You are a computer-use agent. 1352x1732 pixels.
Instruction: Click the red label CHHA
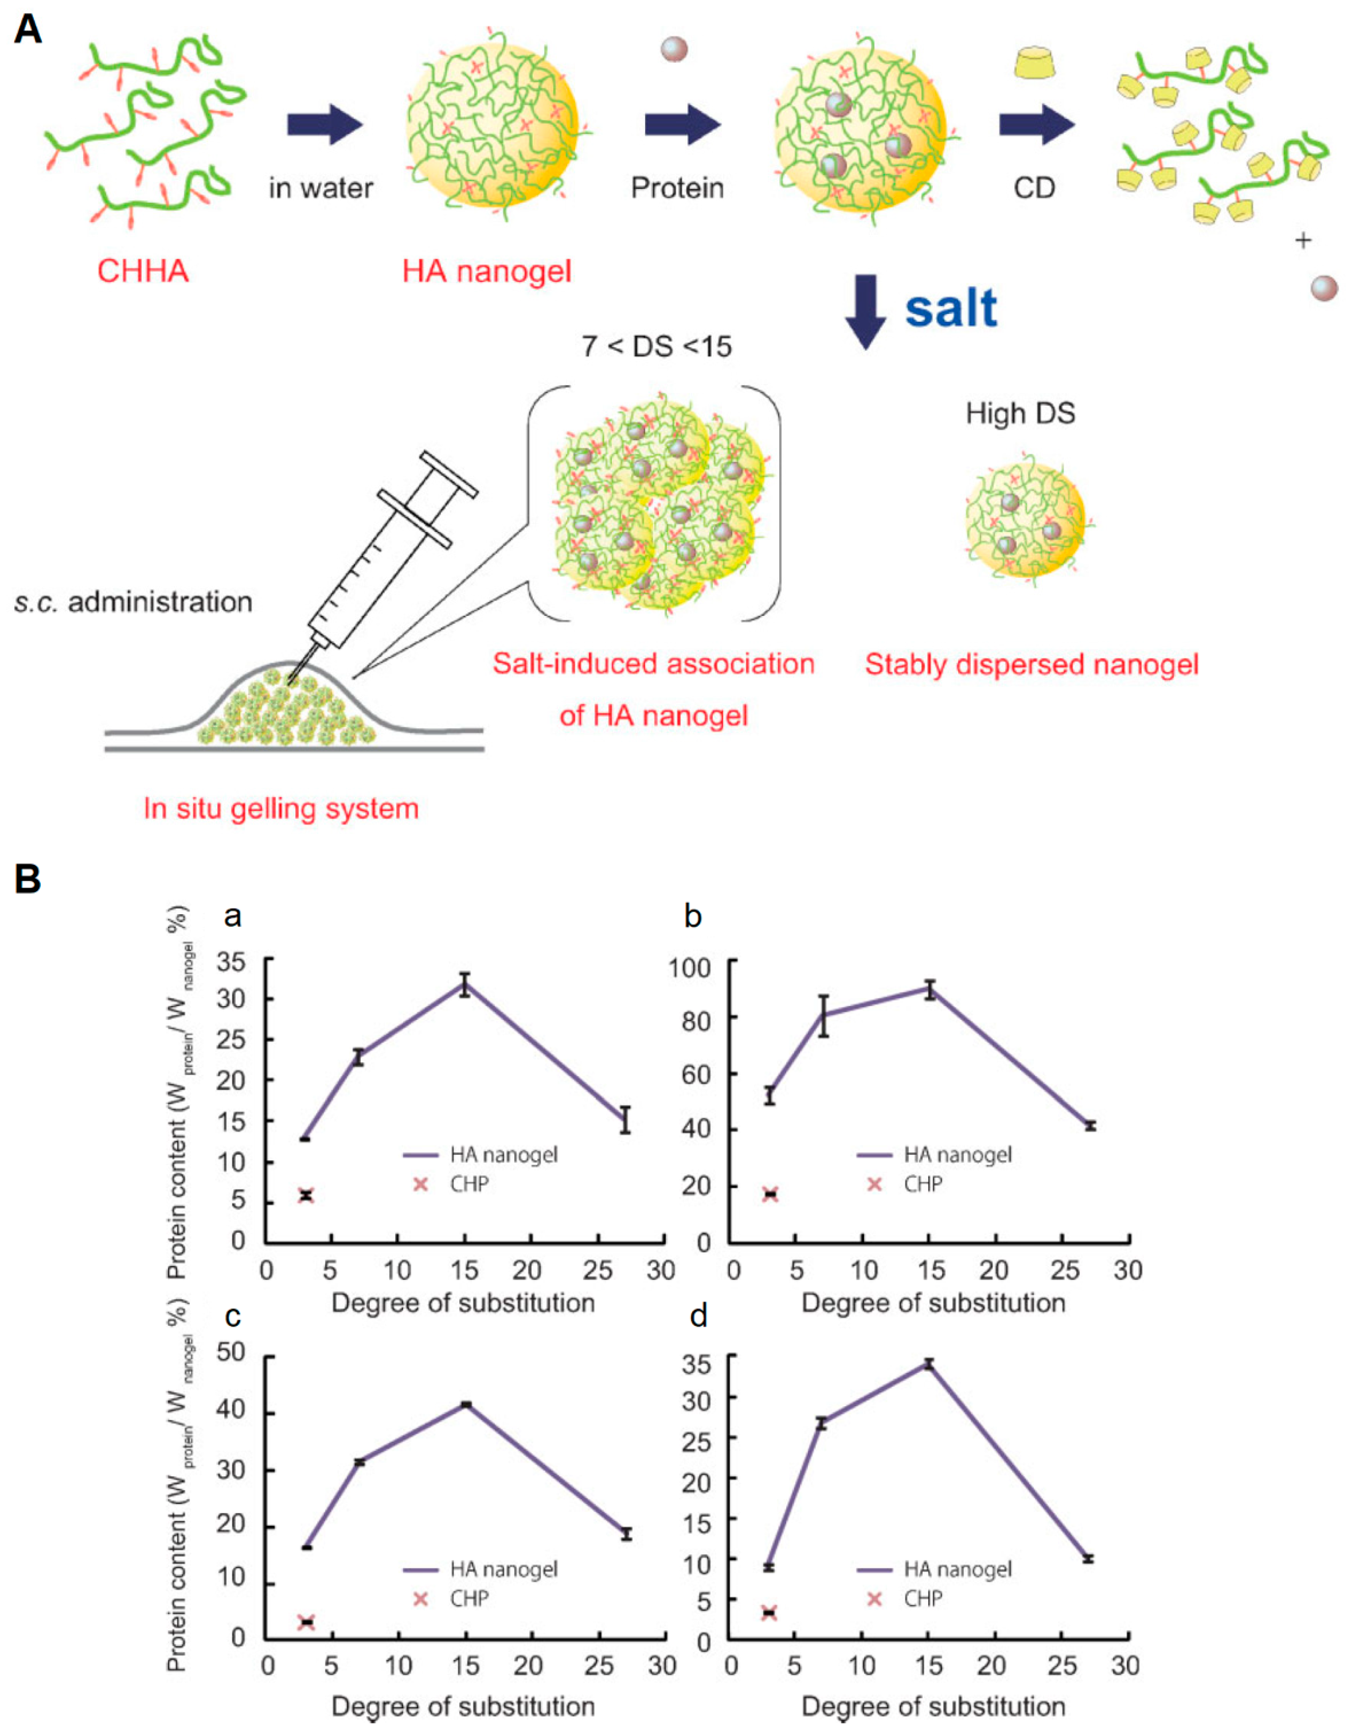click(143, 271)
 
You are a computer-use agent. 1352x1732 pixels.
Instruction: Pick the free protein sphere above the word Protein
click(674, 49)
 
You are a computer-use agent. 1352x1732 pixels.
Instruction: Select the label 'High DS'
click(1020, 413)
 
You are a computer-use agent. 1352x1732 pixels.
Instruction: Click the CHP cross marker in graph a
click(306, 1195)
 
